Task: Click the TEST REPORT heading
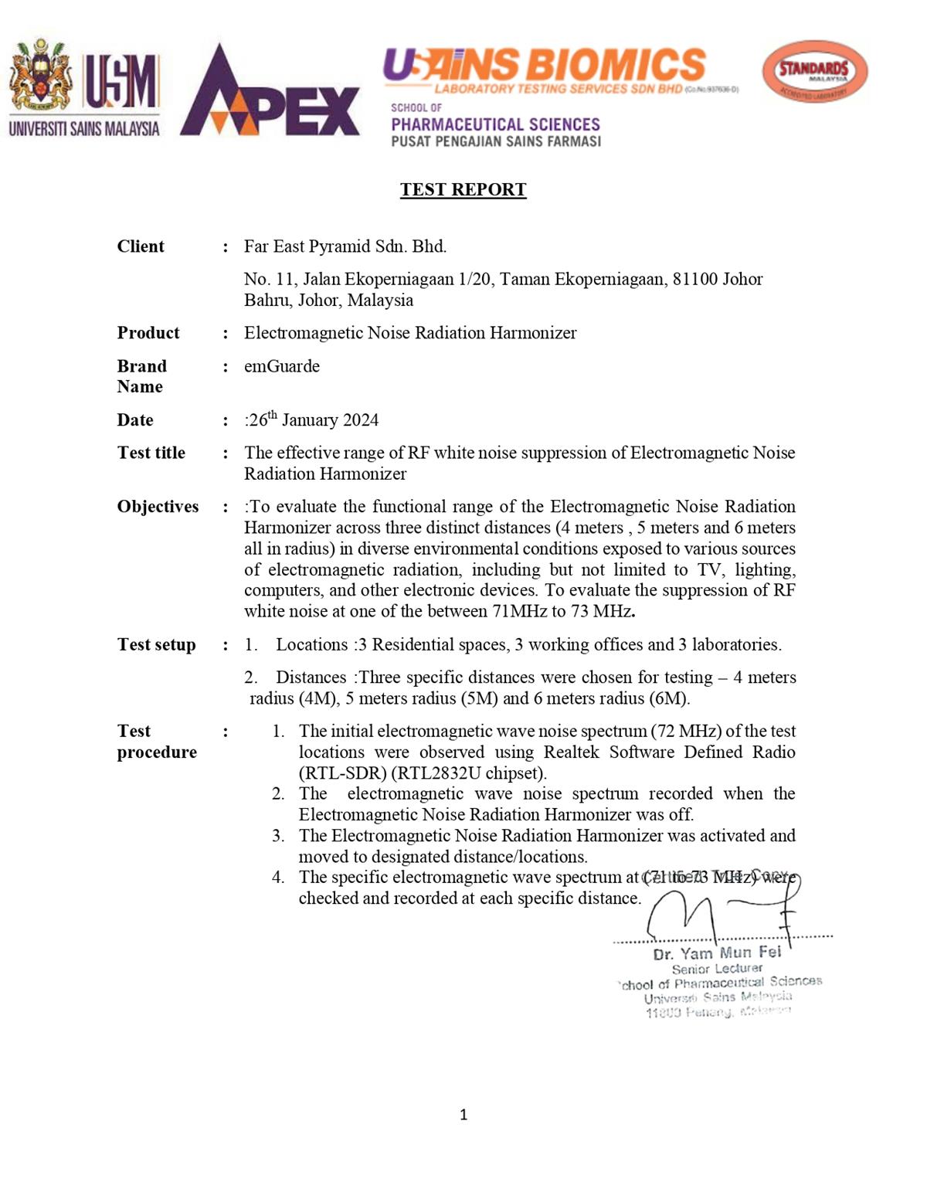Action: (463, 190)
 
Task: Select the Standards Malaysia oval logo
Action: (814, 72)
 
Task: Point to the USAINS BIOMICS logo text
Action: (545, 65)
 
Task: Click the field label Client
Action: (141, 246)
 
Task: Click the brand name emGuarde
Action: (282, 366)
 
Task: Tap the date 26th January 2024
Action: (314, 419)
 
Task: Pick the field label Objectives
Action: (158, 507)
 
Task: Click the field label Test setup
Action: (156, 645)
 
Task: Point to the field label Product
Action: (148, 333)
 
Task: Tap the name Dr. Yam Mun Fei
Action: (717, 953)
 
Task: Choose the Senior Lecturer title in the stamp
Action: (717, 969)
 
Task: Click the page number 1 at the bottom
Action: (463, 1114)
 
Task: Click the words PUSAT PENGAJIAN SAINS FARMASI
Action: (496, 141)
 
